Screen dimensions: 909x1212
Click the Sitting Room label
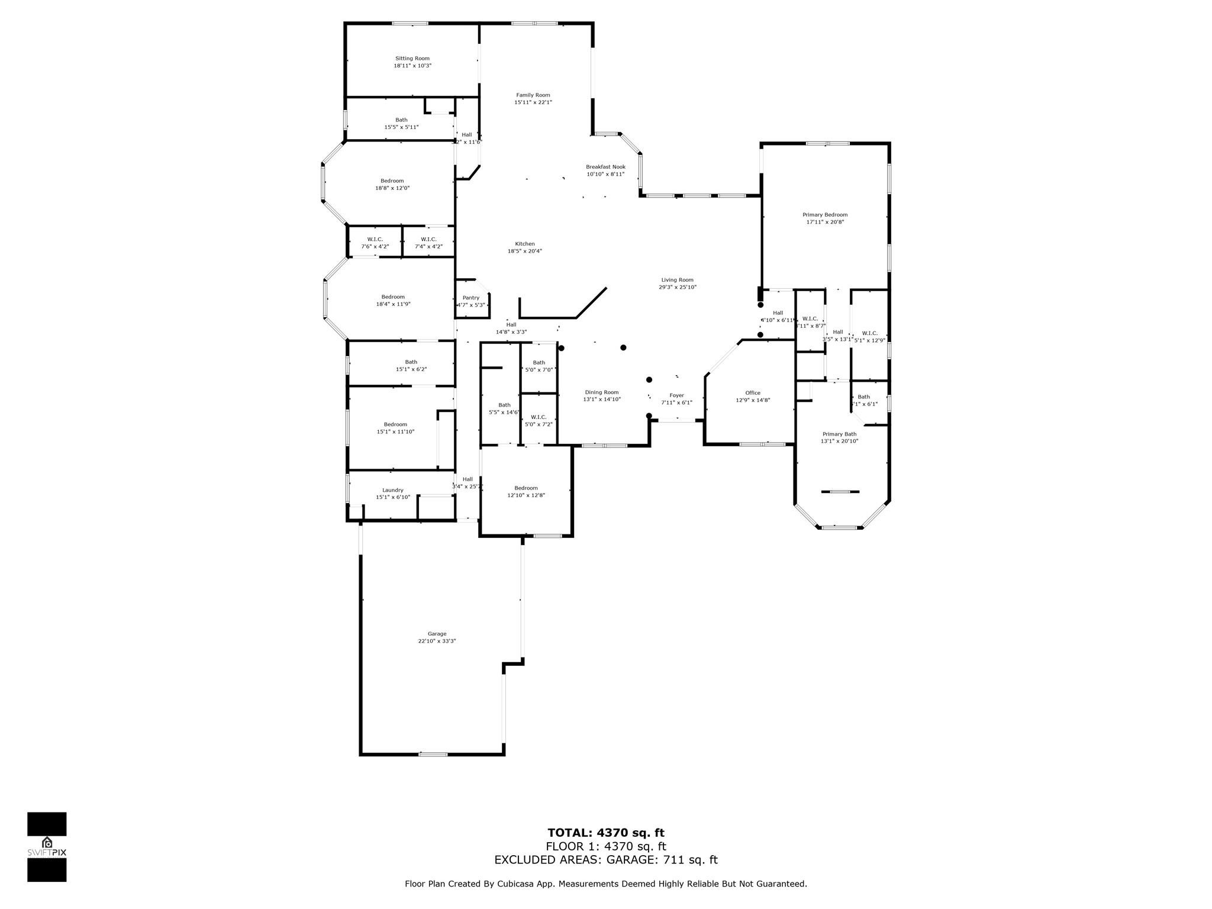(412, 59)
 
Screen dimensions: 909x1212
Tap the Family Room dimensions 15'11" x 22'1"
(533, 102)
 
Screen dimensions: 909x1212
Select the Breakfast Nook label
(605, 167)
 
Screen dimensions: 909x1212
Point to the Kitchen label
(524, 244)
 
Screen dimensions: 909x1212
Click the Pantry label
(471, 298)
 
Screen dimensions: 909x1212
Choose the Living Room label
(677, 280)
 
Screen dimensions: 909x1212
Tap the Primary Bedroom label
(824, 215)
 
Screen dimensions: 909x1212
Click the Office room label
(752, 393)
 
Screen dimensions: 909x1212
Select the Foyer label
(676, 395)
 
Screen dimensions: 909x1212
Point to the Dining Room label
(601, 392)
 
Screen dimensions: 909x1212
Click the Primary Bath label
(839, 434)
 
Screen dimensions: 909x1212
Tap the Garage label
(437, 634)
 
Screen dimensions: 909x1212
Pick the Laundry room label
(392, 490)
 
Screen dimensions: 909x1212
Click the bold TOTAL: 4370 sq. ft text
(605, 833)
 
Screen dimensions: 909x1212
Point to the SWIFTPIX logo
(47, 847)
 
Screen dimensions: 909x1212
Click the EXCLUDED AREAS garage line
(605, 860)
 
